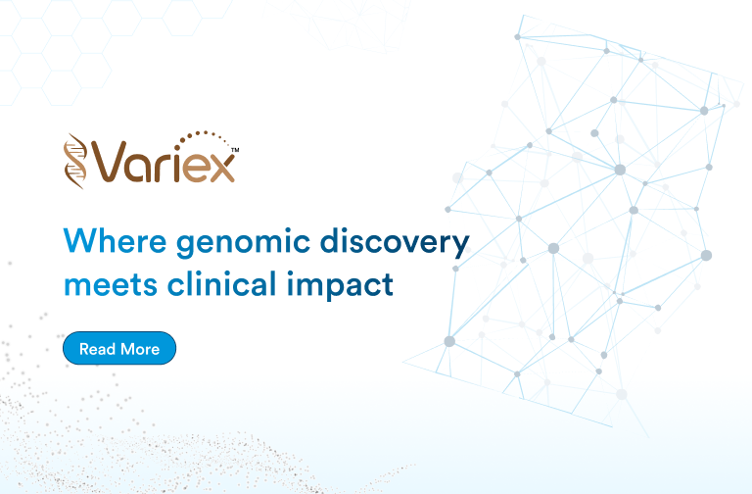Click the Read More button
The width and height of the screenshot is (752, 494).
(119, 348)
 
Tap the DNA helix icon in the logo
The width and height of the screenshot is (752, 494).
(75, 161)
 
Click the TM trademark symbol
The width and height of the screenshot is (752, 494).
(235, 150)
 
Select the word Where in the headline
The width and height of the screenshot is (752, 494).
(115, 240)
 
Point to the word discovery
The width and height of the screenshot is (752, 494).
(395, 243)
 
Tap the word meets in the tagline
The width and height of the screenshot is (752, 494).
(111, 284)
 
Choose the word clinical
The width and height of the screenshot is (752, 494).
(221, 282)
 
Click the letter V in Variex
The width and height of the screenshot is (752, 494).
(112, 162)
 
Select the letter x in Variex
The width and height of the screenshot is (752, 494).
(221, 168)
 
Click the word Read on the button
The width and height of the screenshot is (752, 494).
(97, 349)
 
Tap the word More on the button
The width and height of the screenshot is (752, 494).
(140, 349)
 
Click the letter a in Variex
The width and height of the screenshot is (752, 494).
(140, 168)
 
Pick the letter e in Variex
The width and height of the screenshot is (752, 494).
(196, 168)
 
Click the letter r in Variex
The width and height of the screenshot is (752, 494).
(164, 168)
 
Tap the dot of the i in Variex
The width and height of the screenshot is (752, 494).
(177, 144)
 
